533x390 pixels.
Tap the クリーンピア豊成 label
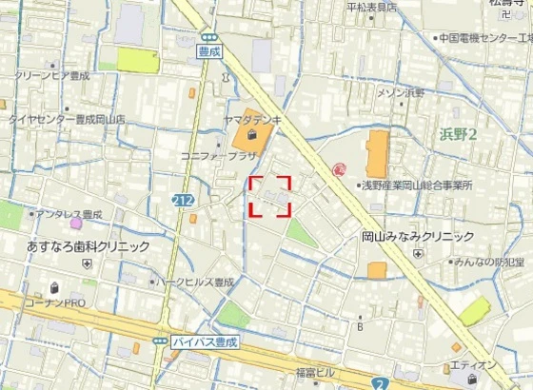(51, 75)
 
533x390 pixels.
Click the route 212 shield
(184, 201)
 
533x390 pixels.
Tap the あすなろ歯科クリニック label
(82, 245)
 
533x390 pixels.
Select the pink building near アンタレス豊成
(76, 223)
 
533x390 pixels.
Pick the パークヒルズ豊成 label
(197, 283)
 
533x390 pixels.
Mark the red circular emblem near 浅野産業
(339, 169)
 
